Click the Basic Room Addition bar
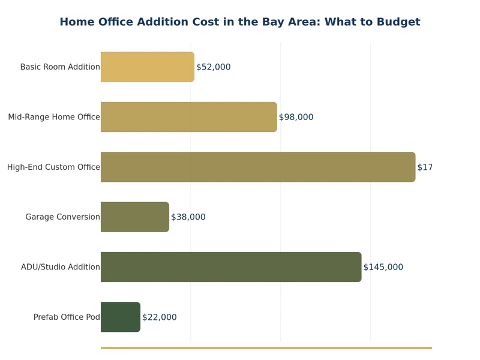(x=147, y=67)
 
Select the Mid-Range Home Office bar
(x=188, y=117)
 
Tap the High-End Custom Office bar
(x=257, y=167)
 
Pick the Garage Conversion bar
(x=134, y=217)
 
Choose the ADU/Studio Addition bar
(x=230, y=267)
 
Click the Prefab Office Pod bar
(x=120, y=317)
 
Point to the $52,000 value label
(x=213, y=67)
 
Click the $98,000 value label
(x=296, y=117)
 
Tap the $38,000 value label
(x=188, y=217)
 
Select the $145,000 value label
(x=383, y=267)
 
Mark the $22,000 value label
(x=159, y=317)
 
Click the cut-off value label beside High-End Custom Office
(x=425, y=167)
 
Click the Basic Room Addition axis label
(x=60, y=67)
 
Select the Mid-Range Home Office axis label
(x=54, y=117)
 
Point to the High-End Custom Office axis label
(x=53, y=167)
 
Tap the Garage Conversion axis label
(x=62, y=217)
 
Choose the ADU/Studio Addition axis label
(x=60, y=267)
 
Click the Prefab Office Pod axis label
(x=67, y=317)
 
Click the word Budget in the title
(x=398, y=22)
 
